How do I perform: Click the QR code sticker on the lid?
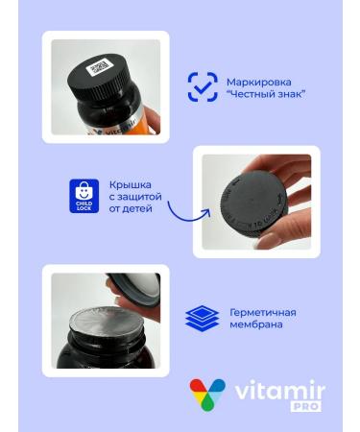coord(100,68)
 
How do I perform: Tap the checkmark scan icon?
coord(202,86)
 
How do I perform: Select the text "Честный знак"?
coord(265,94)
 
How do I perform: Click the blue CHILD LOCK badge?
coord(84,196)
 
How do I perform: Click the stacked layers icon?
coord(203,318)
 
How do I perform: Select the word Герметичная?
coord(262,312)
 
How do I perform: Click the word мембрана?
coord(254,324)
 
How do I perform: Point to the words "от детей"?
coord(132,208)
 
